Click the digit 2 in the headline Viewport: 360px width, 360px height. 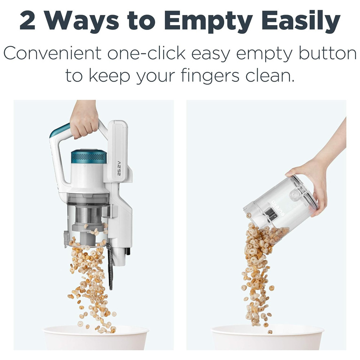(27, 21)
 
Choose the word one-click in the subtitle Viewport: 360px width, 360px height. (147, 53)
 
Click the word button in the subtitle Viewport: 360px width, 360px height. (327, 53)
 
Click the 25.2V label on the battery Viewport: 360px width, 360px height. (119, 168)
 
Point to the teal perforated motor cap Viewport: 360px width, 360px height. (89, 156)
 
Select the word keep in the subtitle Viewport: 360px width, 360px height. (109, 76)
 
